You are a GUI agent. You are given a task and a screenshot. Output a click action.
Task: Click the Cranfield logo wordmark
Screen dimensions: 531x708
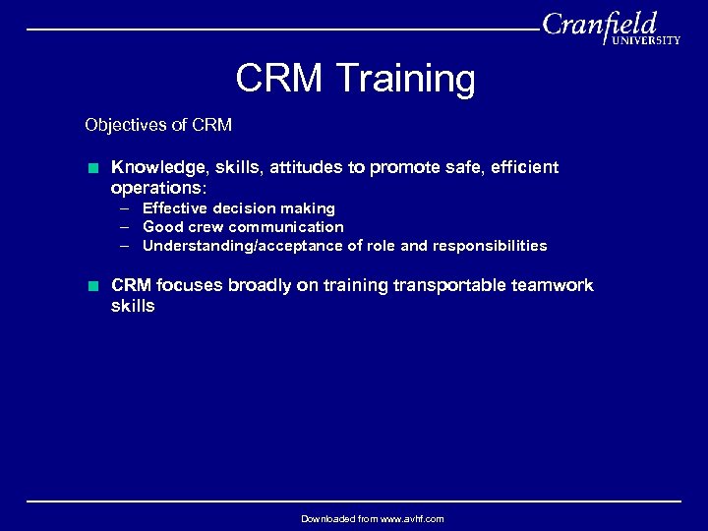click(600, 24)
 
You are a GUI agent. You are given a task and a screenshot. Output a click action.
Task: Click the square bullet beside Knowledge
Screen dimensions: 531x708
click(92, 168)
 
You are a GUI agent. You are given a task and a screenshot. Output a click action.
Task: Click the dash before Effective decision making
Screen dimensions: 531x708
click(127, 208)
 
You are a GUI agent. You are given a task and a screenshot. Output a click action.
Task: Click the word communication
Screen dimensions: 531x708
click(286, 227)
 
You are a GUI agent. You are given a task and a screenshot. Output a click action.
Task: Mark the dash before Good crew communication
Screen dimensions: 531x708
click(127, 227)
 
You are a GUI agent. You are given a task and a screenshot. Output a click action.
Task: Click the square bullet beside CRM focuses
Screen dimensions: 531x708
click(92, 286)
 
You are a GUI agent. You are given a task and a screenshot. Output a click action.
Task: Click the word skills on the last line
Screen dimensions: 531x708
click(133, 306)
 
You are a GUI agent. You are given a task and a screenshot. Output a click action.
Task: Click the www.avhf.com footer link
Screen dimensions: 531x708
click(408, 518)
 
